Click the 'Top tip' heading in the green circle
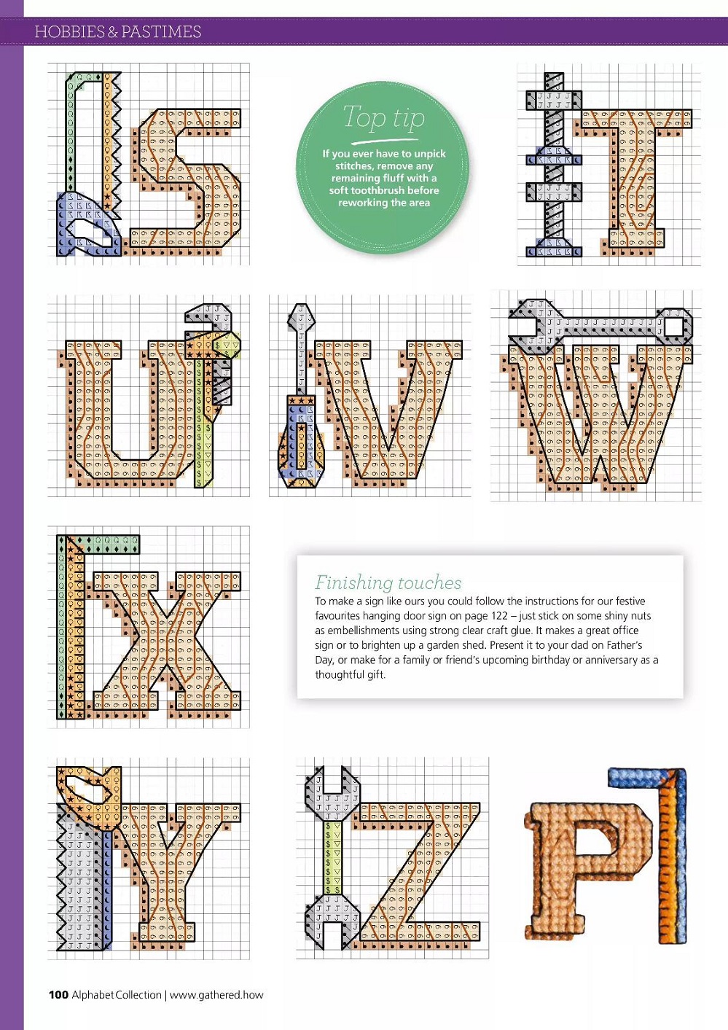(384, 117)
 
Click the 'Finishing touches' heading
(388, 582)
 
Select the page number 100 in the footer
(58, 994)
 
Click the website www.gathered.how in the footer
(216, 995)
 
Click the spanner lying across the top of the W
(600, 326)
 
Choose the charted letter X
(167, 641)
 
